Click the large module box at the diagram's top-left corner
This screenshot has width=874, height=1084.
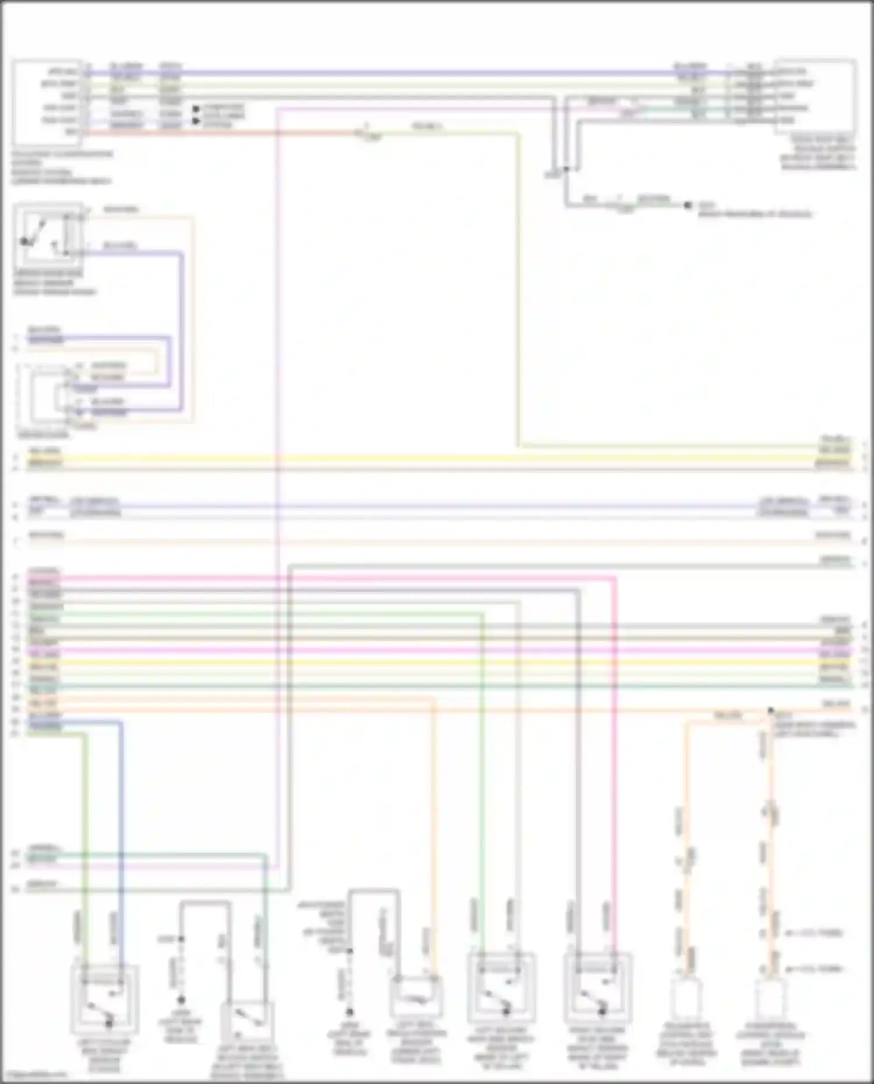tap(47, 102)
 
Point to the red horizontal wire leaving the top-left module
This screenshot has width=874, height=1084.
tap(221, 133)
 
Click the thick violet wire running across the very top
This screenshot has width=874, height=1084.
tap(408, 74)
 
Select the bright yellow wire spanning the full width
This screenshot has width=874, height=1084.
tap(408, 458)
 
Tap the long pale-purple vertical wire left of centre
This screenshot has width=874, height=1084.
tap(279, 466)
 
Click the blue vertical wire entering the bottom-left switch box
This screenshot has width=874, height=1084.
tap(122, 845)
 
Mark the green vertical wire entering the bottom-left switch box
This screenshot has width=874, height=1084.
tap(86, 845)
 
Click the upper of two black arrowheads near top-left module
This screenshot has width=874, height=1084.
tap(197, 108)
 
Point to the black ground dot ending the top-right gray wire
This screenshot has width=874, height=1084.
tap(688, 205)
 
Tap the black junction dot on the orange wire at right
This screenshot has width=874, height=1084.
tap(771, 711)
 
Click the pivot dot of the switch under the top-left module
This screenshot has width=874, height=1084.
tap(24, 241)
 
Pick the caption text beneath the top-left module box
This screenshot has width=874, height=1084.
tap(61, 168)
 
